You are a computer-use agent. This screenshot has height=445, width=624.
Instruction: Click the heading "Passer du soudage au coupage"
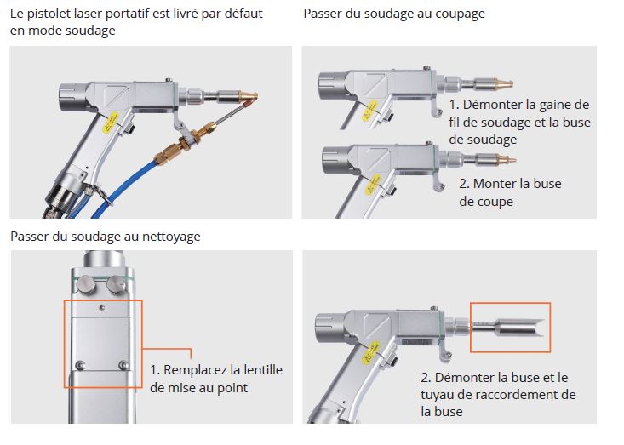coord(394,14)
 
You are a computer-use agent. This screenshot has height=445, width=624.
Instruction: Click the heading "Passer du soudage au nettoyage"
coord(105,236)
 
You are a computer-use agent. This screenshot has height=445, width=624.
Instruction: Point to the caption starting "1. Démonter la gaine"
coord(519,122)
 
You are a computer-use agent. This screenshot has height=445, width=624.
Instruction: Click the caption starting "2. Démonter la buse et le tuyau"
coord(498,394)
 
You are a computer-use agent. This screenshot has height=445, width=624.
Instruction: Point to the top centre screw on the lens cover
coord(100,307)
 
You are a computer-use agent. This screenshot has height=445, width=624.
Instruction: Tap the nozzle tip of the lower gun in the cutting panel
coord(507,159)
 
